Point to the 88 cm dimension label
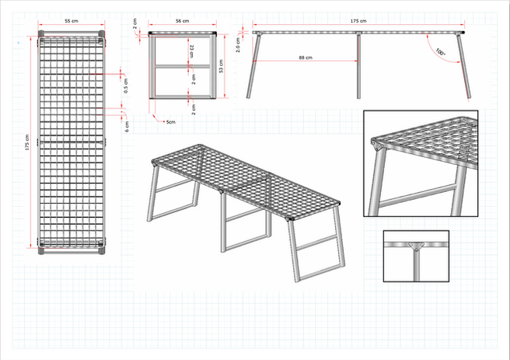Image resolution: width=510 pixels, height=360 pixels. point(305,58)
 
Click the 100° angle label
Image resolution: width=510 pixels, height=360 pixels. point(441,53)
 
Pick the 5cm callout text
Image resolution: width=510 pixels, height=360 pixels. point(170,121)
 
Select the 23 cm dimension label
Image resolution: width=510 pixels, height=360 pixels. point(192,52)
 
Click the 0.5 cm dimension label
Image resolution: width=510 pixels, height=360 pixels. point(126,86)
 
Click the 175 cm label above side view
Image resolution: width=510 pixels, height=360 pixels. point(358,20)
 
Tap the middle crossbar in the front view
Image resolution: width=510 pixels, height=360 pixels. point(183,67)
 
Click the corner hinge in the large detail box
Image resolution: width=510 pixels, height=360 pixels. point(379,145)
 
